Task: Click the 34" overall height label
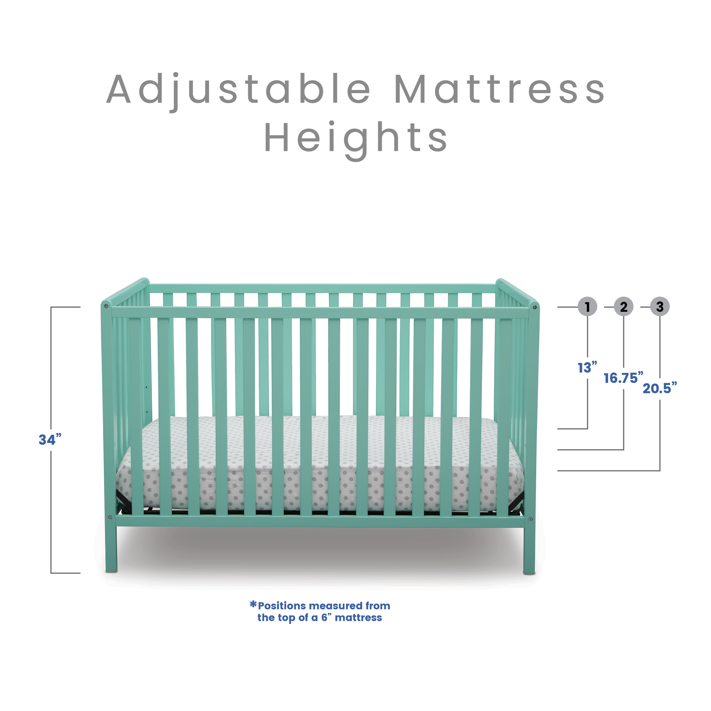(50, 439)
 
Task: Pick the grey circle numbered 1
(587, 306)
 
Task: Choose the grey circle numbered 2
(624, 306)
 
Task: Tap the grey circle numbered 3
(659, 306)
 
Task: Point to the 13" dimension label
(587, 367)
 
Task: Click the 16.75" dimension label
(624, 378)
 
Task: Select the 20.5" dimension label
(659, 388)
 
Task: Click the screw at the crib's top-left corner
(106, 306)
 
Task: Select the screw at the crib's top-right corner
(535, 307)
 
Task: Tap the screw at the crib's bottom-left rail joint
(109, 517)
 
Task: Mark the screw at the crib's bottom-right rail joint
(530, 519)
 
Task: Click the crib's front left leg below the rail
(111, 548)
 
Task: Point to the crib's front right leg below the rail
(529, 550)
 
